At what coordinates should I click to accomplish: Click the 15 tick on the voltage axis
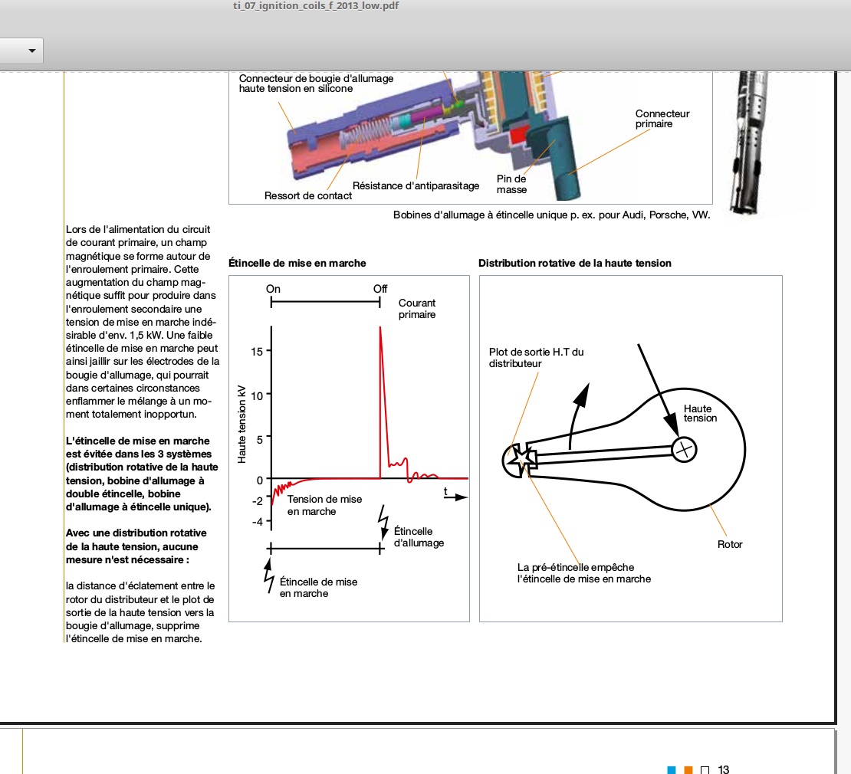[257, 351]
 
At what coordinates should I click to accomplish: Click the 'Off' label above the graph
[380, 289]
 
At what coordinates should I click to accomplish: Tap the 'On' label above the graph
[273, 289]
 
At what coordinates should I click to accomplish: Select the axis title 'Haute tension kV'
[242, 423]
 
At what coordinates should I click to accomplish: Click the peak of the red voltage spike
[380, 327]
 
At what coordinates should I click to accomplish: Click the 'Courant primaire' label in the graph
[417, 309]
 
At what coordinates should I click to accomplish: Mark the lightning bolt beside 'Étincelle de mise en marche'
[269, 576]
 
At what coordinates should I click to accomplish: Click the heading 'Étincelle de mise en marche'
[297, 263]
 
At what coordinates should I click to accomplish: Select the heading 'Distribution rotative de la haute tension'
[575, 263]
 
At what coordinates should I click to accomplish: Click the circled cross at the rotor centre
[684, 448]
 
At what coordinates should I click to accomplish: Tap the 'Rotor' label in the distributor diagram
[730, 544]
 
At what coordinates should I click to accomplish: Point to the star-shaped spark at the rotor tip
[521, 459]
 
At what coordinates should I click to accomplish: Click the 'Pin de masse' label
[511, 184]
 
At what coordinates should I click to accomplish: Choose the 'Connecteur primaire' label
[662, 119]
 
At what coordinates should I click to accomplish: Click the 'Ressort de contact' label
[308, 195]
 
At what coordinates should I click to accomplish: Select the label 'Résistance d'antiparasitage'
[416, 185]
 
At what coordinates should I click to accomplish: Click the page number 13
[724, 769]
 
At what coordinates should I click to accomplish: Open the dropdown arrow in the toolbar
[32, 51]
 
